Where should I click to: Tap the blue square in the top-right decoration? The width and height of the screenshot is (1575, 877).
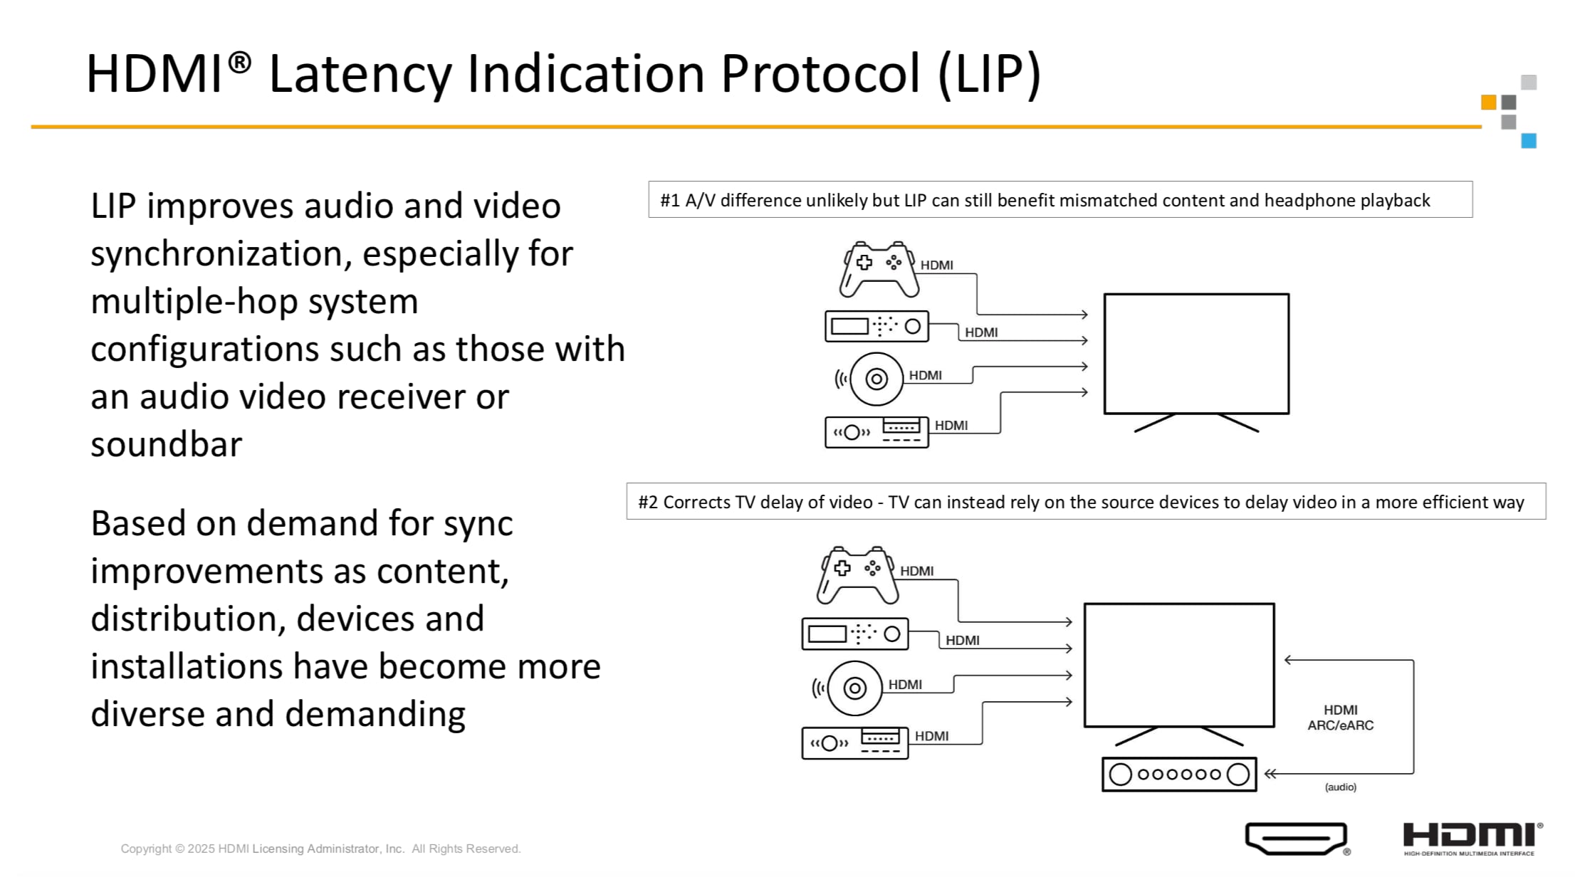[x=1528, y=140]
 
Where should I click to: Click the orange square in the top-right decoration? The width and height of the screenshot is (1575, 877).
[x=1488, y=103]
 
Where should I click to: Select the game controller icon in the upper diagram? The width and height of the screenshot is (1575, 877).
[x=879, y=269]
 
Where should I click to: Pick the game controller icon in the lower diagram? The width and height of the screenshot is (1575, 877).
[x=857, y=574]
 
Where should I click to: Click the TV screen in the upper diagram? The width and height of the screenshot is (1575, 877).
[x=1196, y=354]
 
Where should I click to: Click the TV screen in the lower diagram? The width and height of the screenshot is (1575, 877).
[x=1179, y=665]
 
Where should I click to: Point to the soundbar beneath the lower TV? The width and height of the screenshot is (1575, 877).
[x=1179, y=774]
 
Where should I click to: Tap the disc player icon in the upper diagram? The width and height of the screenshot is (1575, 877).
[x=875, y=379]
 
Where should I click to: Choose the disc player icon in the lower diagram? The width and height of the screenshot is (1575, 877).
[x=854, y=688]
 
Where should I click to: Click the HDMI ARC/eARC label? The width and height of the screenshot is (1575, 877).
[x=1340, y=718]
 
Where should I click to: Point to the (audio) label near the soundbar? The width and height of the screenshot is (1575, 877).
[x=1340, y=787]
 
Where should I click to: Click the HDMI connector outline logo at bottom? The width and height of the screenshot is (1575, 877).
[x=1296, y=839]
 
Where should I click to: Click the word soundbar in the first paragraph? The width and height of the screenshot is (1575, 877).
[x=166, y=445]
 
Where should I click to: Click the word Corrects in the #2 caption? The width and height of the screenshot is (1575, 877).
[x=696, y=503]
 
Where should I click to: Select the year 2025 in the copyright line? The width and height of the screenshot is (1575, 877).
[x=201, y=849]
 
